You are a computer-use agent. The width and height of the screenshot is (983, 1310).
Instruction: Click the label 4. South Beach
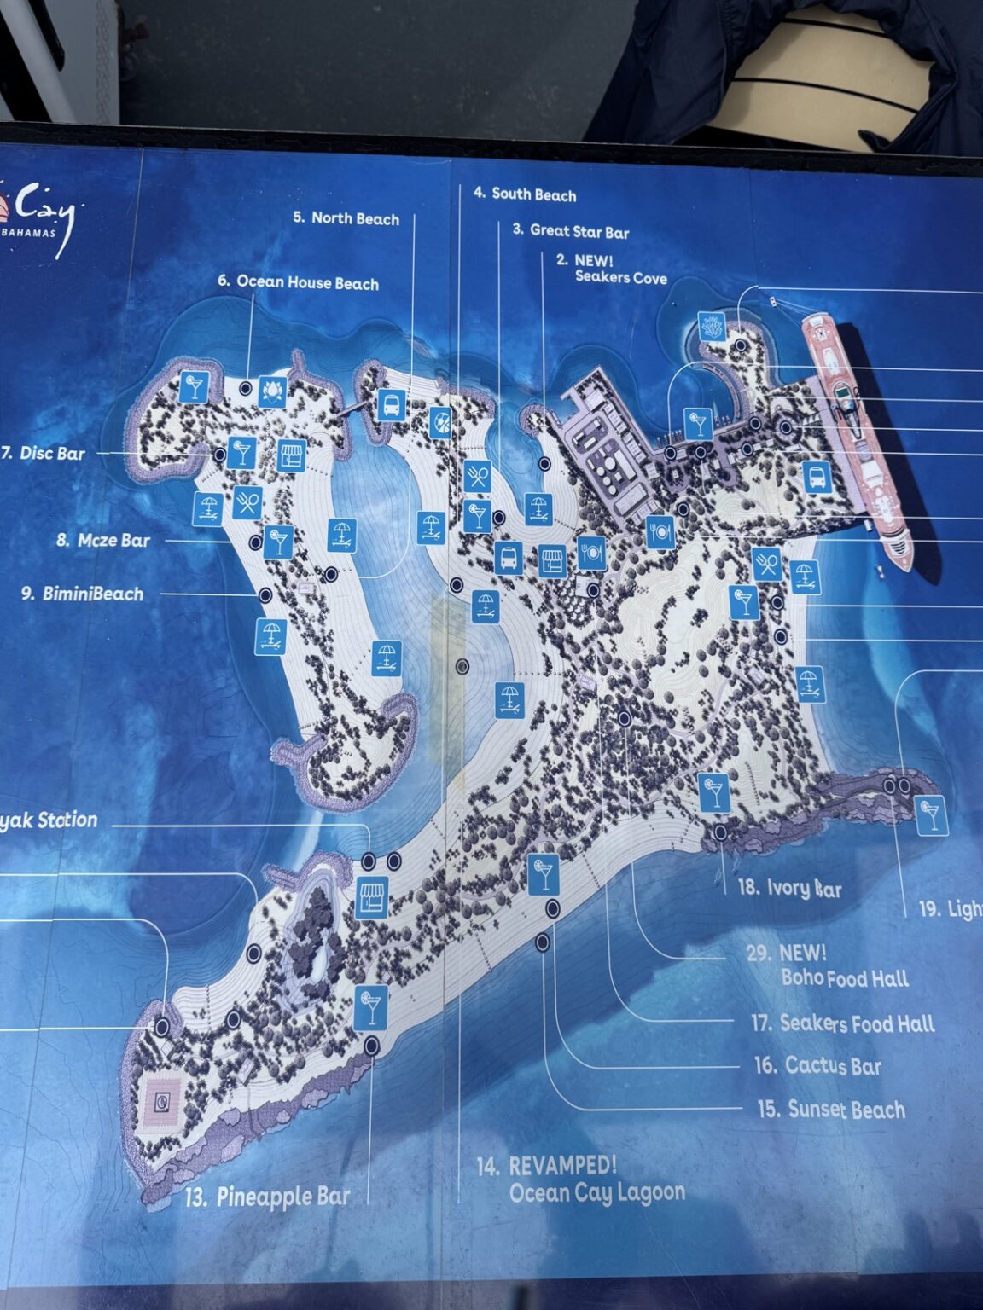click(525, 194)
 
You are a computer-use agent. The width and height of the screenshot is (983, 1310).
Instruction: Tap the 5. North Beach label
click(346, 218)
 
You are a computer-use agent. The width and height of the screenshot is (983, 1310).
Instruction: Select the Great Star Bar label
click(570, 230)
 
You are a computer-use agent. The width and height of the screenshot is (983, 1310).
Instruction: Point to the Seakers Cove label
click(620, 277)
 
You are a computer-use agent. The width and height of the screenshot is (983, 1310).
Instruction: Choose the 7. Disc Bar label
click(44, 453)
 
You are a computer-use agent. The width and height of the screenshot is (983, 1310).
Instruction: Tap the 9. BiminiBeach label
click(83, 594)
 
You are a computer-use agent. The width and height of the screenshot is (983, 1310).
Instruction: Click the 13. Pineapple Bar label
click(267, 1197)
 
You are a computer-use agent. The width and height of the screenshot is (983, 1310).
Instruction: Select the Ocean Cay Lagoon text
click(596, 1191)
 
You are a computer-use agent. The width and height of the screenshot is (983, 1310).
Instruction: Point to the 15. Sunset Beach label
click(831, 1110)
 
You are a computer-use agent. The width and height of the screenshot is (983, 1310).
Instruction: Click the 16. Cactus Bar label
click(817, 1065)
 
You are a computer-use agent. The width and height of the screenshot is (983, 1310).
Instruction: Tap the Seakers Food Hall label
click(843, 1023)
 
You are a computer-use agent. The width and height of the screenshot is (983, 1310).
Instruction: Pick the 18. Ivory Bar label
click(789, 888)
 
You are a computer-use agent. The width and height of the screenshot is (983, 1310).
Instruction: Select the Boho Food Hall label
click(845, 978)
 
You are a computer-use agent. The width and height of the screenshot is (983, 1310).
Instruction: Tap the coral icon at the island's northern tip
click(712, 326)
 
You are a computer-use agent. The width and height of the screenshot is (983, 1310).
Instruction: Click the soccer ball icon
click(440, 422)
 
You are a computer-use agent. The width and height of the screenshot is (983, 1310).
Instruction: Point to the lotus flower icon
click(271, 389)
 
